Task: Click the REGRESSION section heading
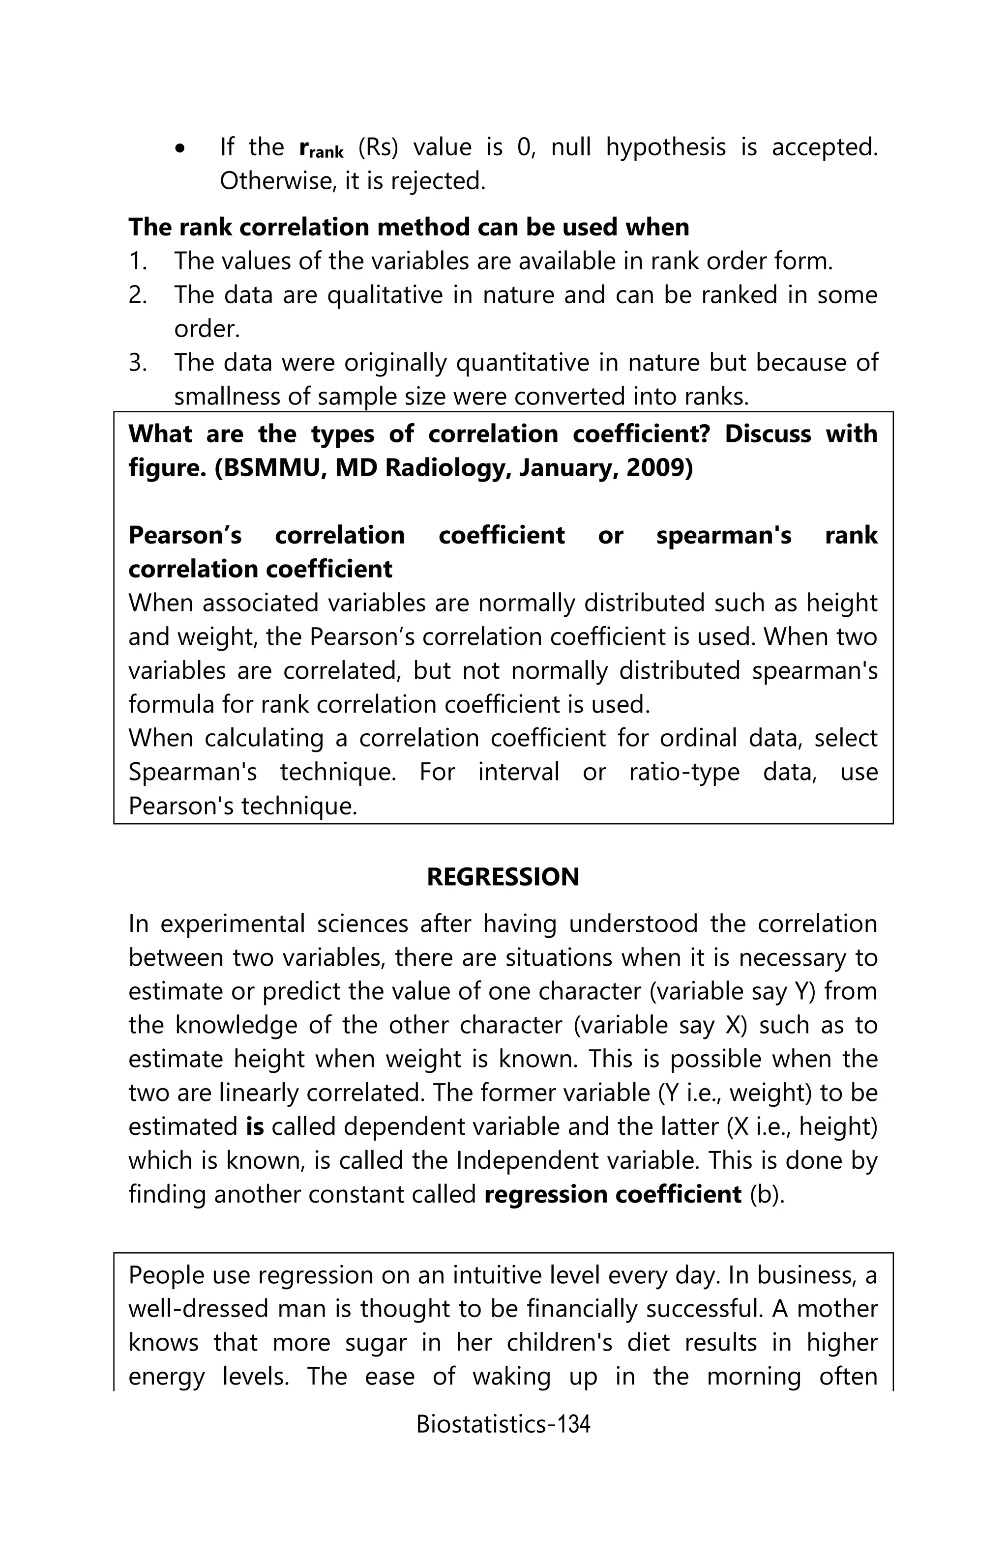coord(503,876)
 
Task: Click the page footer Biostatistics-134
coord(503,1424)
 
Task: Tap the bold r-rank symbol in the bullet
coord(320,148)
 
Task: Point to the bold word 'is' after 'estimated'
coord(254,1126)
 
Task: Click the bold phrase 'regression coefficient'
coord(612,1194)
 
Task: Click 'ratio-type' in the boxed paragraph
coord(683,772)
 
